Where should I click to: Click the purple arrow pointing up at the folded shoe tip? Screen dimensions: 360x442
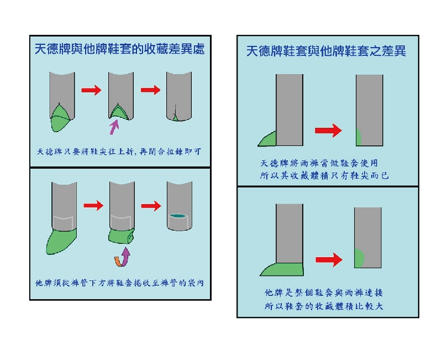coord(114,128)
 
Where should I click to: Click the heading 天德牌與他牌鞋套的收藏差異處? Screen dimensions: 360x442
coord(120,49)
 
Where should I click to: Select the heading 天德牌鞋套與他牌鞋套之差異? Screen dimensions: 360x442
coord(326,51)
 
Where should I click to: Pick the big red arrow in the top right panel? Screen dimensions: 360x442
coord(328,131)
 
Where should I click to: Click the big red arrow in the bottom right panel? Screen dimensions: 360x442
coord(329,259)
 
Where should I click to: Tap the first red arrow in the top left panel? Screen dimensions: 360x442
coord(92,90)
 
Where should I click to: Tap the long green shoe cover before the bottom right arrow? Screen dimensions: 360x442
coord(282,269)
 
